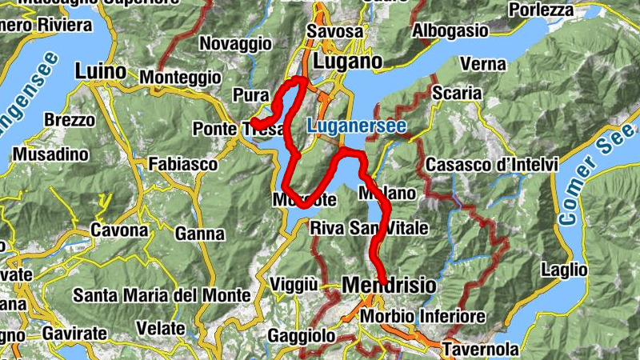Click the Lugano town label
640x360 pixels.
point(348,62)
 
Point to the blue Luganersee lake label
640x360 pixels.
point(357,126)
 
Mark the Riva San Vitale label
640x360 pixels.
point(369,228)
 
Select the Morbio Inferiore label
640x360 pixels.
point(422,317)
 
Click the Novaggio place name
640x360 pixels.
point(230,42)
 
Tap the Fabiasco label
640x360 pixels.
point(183,164)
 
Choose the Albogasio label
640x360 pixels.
point(450,30)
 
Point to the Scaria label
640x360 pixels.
point(456,94)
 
